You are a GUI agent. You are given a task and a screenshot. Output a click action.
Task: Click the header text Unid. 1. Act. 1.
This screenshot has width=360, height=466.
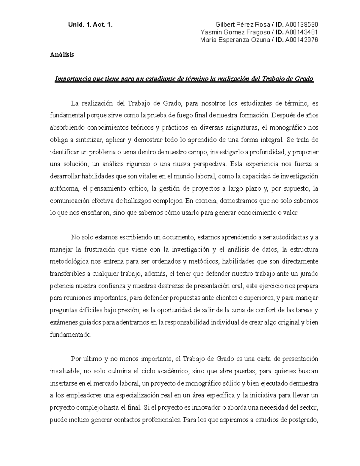[x=91, y=25]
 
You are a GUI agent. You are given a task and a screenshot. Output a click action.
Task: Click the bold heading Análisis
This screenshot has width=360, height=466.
[x=62, y=55]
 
